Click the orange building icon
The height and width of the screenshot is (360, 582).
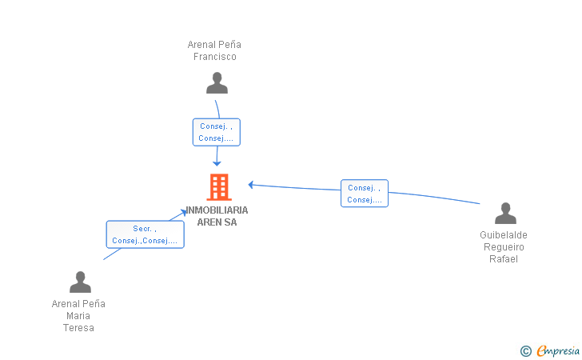[219, 187]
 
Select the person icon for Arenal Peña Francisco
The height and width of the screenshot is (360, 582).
[217, 83]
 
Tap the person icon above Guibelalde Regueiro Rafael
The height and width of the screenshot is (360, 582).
[505, 214]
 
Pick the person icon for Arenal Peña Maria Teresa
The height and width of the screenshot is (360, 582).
[80, 282]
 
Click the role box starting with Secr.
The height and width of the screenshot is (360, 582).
[145, 234]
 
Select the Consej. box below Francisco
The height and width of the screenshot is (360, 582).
[217, 132]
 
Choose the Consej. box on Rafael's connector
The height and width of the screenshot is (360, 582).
[365, 193]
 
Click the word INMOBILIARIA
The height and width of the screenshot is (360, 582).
[217, 210]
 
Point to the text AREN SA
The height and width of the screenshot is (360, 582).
[217, 222]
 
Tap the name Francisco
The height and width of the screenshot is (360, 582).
[215, 57]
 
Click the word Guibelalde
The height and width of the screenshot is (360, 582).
[504, 234]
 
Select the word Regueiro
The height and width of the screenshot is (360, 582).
[504, 247]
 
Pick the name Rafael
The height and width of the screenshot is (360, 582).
[504, 259]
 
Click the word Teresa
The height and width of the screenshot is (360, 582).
[78, 328]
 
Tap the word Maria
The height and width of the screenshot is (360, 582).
[78, 316]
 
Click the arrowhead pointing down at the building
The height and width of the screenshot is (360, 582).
[217, 163]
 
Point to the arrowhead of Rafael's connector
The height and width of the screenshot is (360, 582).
[251, 185]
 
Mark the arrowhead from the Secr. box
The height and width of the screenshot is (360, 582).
[184, 212]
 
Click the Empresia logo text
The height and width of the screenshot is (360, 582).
[558, 351]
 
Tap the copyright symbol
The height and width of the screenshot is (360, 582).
[526, 351]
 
